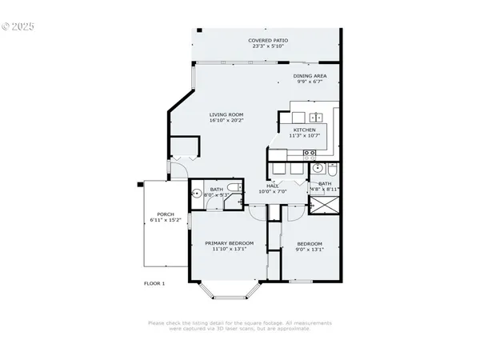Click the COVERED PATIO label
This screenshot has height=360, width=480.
click(x=268, y=40)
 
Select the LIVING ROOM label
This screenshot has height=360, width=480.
click(x=226, y=114)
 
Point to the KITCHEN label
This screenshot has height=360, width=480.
click(x=304, y=130)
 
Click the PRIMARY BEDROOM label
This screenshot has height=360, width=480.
click(x=229, y=243)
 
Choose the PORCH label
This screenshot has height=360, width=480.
click(x=166, y=214)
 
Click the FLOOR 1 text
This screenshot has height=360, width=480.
click(x=154, y=283)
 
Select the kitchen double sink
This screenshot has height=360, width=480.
click(x=310, y=116)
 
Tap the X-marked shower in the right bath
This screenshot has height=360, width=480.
click(x=325, y=204)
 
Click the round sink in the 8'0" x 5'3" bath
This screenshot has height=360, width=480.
click(x=196, y=193)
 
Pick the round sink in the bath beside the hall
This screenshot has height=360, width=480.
click(x=318, y=169)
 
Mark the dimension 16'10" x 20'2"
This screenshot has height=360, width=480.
click(x=226, y=121)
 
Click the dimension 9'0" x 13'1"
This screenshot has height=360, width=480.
click(x=309, y=250)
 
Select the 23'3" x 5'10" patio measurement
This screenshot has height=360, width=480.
click(x=268, y=46)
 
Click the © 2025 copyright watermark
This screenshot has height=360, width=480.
click(x=20, y=26)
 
